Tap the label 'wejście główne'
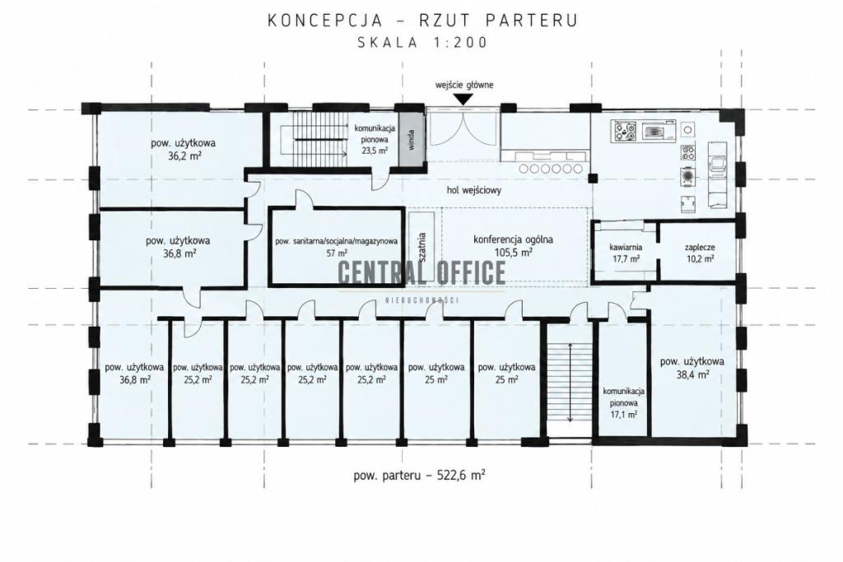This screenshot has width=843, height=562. (464, 85)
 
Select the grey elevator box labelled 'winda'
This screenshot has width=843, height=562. (412, 138)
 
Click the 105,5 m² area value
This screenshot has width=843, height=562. (514, 252)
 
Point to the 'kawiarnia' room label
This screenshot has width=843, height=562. (626, 247)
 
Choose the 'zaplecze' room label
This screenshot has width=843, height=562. (700, 247)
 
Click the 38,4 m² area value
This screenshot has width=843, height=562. (692, 374)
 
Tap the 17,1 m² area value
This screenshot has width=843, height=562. (624, 414)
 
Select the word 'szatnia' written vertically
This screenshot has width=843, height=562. (422, 247)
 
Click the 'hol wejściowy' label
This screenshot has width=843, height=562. (473, 189)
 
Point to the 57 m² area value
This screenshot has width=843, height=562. (337, 253)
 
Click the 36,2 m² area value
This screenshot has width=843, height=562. (184, 156)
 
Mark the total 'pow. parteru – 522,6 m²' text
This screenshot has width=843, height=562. (419, 475)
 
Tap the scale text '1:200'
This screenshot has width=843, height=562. (459, 42)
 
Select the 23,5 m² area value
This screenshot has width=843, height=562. (375, 151)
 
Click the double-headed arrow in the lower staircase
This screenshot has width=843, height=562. (570, 383)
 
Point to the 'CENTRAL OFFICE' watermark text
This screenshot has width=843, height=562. (421, 272)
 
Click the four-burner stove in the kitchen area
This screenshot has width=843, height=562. (624, 132)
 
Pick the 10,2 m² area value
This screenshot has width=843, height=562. (700, 258)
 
